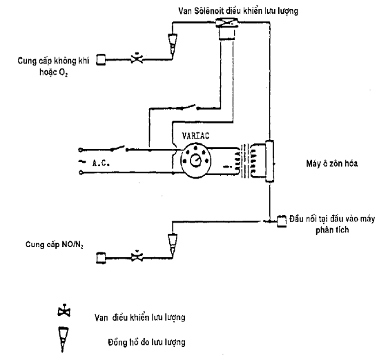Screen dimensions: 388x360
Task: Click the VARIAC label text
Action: [x=195, y=136]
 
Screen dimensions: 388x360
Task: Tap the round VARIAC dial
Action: [x=196, y=161]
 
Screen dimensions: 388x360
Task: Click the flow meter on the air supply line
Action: [x=173, y=43]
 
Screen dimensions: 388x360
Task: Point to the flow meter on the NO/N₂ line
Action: [x=173, y=244]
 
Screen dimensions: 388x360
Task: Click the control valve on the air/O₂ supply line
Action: [x=137, y=59]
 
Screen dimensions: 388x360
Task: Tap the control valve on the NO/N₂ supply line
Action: [x=137, y=257]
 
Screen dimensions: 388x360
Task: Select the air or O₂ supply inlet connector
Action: [x=101, y=60]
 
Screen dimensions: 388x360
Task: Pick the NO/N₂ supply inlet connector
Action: [x=101, y=258]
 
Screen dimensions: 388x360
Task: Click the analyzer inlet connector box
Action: [x=282, y=221]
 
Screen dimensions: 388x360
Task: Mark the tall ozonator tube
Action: [x=269, y=161]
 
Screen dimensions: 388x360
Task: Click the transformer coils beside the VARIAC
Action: [x=244, y=161]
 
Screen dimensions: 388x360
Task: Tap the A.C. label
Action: [x=101, y=163]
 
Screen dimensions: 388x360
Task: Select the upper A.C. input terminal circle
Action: [x=80, y=150]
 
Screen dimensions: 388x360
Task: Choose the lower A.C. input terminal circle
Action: [x=81, y=172]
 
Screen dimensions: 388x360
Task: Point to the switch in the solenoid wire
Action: [x=190, y=108]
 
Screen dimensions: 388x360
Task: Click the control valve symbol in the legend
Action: [x=64, y=310]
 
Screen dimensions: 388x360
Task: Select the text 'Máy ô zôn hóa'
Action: [x=332, y=163]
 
